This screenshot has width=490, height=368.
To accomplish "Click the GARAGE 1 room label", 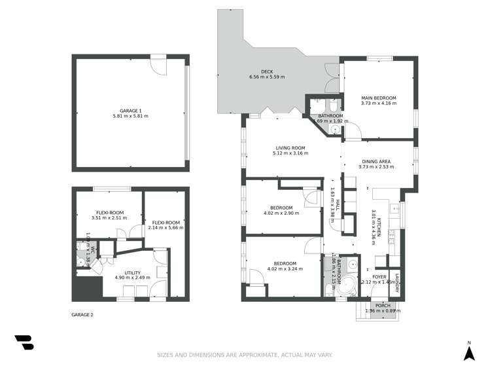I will [x=130, y=111].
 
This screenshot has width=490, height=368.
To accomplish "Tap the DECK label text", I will [x=266, y=71].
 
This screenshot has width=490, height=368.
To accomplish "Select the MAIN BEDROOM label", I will [x=379, y=98].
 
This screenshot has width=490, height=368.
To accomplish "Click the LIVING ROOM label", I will [x=290, y=147].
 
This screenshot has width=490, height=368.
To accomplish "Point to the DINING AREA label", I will [x=376, y=161].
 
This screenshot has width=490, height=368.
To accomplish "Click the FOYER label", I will [x=379, y=277].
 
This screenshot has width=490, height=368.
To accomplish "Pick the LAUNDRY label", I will [x=396, y=282].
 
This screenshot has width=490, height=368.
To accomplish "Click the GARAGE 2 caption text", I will [x=82, y=315].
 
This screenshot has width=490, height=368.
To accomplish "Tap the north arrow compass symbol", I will [x=468, y=352].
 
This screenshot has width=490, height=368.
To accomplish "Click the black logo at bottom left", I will [x=24, y=342].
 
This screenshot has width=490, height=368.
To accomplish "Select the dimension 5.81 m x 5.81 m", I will [x=130, y=117].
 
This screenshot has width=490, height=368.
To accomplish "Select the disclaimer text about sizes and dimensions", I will [x=245, y=355].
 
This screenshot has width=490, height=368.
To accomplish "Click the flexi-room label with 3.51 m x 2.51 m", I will [x=107, y=213].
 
